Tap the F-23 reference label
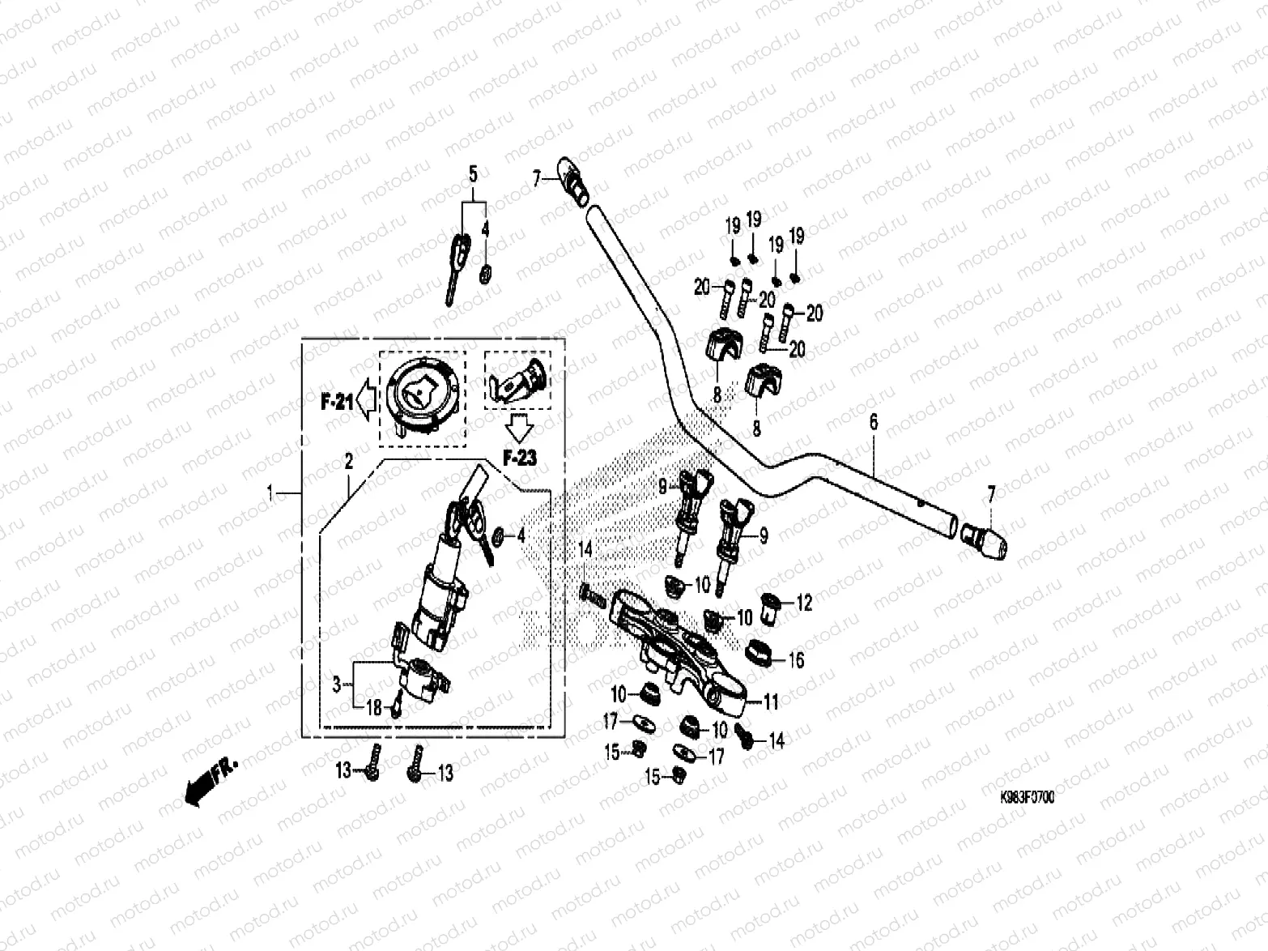(x=519, y=458)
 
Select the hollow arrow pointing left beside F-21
(x=367, y=400)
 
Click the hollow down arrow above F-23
(x=518, y=428)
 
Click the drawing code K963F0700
(x=1027, y=797)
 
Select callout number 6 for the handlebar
(x=874, y=421)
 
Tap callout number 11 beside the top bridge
(x=770, y=702)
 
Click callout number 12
(x=804, y=603)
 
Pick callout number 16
(x=796, y=660)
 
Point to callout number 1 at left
(x=273, y=492)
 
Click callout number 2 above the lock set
(x=349, y=462)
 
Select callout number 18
(x=373, y=707)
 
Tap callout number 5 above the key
(x=474, y=173)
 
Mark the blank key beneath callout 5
(x=457, y=261)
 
